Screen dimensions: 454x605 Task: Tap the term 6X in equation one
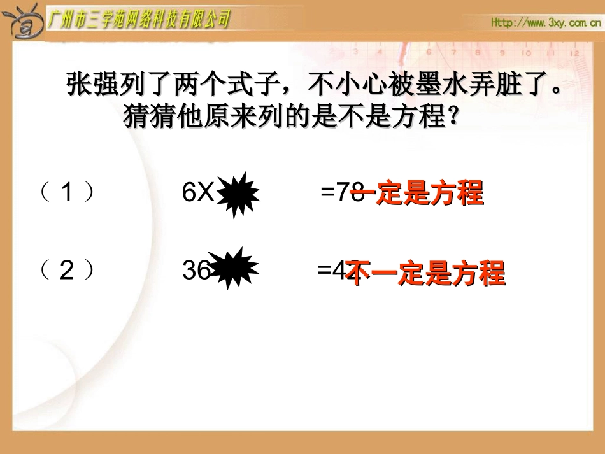197,192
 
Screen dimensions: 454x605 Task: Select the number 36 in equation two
196,272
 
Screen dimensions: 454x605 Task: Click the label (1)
68,192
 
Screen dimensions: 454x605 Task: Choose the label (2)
68,272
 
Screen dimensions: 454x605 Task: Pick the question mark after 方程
452,117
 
